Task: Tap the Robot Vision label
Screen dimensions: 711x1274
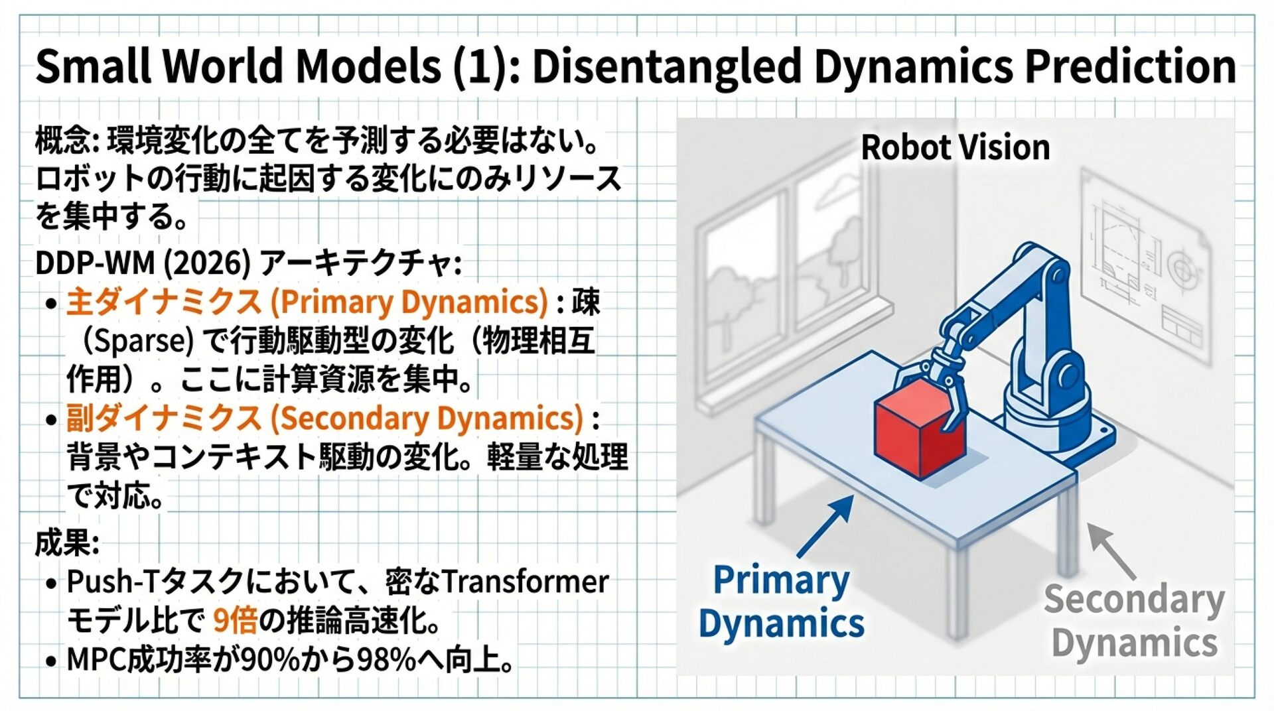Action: [955, 147]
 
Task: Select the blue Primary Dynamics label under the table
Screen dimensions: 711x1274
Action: [781, 602]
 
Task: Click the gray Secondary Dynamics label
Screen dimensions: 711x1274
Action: [1134, 621]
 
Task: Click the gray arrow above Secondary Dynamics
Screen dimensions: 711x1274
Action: [1111, 550]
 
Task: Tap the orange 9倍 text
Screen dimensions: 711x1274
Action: [235, 621]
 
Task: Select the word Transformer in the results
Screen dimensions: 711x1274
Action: [525, 582]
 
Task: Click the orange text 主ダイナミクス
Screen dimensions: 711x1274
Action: [164, 302]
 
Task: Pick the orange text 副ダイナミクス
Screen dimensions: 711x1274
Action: [164, 419]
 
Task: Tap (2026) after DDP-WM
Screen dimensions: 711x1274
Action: [207, 264]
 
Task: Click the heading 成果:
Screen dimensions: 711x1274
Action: [67, 543]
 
